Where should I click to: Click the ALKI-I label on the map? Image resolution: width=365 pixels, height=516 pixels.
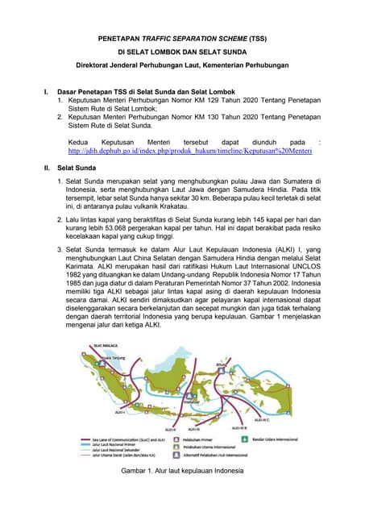tap(121, 412)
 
